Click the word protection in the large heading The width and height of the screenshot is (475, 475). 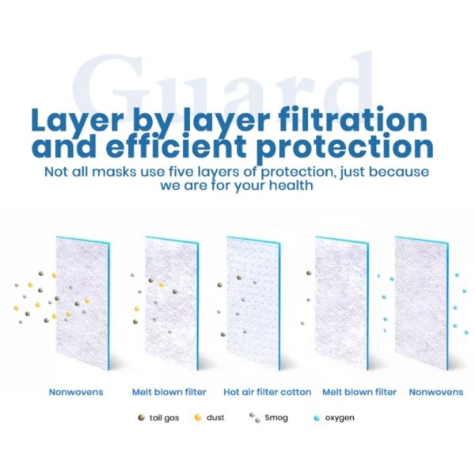tap(361, 148)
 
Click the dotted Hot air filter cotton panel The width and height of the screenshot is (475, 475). tap(253, 301)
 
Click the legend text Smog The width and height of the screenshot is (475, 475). tap(275, 417)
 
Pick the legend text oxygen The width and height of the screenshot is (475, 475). tap(340, 417)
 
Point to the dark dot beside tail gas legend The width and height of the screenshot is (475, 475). tap(142, 416)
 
